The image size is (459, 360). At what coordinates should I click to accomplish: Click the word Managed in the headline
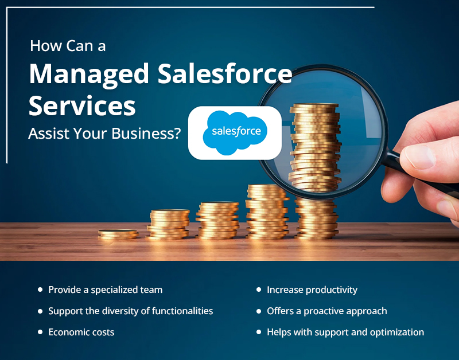(x=89, y=75)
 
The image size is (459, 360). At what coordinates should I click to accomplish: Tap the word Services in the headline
(x=82, y=106)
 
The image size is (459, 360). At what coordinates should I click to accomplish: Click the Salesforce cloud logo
(x=235, y=133)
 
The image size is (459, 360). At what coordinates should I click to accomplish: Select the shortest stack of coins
(x=118, y=234)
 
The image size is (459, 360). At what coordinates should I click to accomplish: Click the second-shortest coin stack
(x=168, y=224)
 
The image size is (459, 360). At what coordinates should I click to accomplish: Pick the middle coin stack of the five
(x=217, y=221)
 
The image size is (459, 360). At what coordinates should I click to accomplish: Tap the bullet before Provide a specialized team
(x=40, y=289)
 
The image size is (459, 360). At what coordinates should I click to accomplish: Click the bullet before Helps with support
(x=259, y=332)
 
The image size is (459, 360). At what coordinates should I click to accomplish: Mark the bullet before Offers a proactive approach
(x=259, y=311)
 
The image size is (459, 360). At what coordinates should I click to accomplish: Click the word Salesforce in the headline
(x=225, y=73)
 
